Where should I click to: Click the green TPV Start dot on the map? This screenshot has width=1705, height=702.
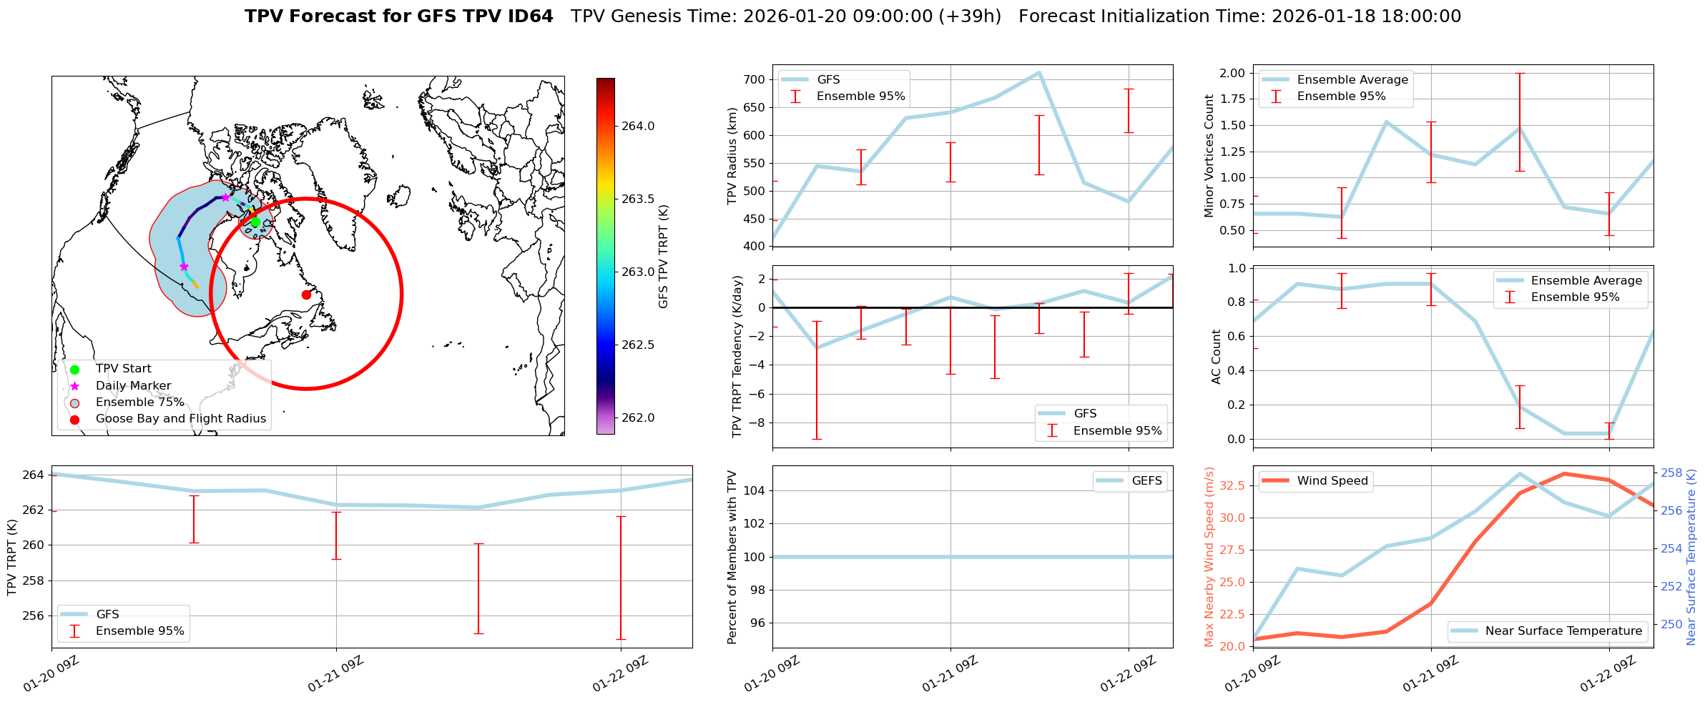click(x=255, y=222)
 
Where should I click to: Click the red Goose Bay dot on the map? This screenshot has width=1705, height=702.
click(x=306, y=295)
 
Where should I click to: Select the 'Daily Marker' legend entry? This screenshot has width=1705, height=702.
click(x=133, y=386)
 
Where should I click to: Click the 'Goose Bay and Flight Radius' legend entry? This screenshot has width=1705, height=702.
click(x=180, y=419)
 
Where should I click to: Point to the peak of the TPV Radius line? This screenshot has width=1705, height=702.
click(x=1039, y=72)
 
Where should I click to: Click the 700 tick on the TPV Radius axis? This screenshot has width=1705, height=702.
click(x=755, y=79)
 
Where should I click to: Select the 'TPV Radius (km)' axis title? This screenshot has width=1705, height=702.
click(x=732, y=156)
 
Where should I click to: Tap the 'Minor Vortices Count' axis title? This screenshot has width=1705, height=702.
click(x=1209, y=156)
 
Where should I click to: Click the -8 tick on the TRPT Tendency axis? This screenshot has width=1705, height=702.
click(x=759, y=422)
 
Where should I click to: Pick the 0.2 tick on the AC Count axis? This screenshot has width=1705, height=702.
click(x=1236, y=405)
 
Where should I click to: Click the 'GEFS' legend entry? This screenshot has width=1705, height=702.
click(x=1146, y=481)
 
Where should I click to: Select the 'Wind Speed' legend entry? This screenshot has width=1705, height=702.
click(x=1332, y=481)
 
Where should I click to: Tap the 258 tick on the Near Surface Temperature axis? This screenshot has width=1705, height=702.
click(x=1671, y=473)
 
